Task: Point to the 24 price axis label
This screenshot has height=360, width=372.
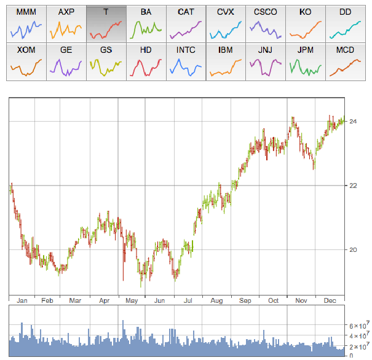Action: [354, 122]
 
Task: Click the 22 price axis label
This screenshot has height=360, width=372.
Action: [354, 186]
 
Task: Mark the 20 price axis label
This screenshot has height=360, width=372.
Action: [354, 249]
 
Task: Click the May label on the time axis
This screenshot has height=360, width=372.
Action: [132, 301]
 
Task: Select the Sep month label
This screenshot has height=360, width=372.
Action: [246, 301]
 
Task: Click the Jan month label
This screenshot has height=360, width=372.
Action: [23, 301]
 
